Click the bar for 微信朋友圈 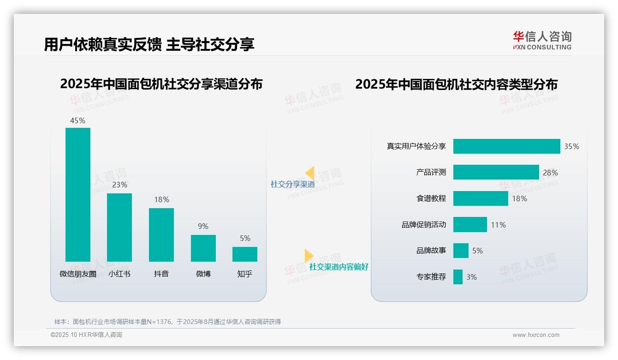(78, 194)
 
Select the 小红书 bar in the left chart (119, 227)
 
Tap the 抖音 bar (161, 234)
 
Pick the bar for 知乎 (245, 254)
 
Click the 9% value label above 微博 (203, 226)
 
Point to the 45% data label (77, 120)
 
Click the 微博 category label (203, 274)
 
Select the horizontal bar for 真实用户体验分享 (506, 146)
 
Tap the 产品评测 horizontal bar (496, 172)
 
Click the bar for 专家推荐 (458, 277)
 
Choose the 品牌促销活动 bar (470, 225)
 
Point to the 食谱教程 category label (431, 198)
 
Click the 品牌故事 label (431, 251)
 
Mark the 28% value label (550, 173)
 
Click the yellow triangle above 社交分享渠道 (310, 173)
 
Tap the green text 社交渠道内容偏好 (339, 267)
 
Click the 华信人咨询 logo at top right (542, 40)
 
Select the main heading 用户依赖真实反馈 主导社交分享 (149, 44)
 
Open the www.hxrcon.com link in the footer (536, 335)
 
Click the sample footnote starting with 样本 (167, 322)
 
